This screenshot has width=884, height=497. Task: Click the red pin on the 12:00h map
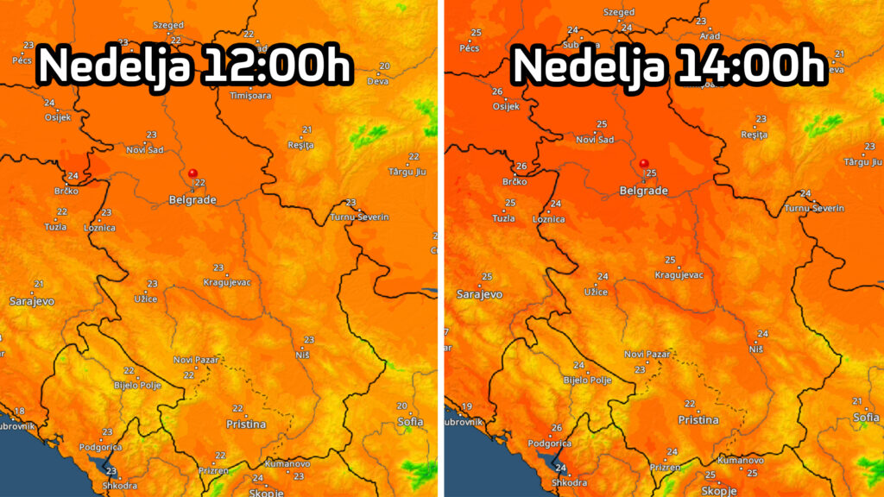coord(193,173)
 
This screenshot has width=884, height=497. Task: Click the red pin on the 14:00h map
coord(644,163)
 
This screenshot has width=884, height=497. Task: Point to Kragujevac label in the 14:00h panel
coord(679,274)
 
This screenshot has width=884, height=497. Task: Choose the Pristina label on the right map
coord(698,420)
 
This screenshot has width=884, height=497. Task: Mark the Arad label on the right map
coord(710,36)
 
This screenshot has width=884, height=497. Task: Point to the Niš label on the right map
coord(756,348)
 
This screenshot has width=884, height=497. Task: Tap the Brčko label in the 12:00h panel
coord(65,191)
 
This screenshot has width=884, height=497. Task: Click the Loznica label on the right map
coord(548,219)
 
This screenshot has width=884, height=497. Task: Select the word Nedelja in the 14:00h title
coord(585,66)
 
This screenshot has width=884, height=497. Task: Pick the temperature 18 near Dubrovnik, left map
coord(19,411)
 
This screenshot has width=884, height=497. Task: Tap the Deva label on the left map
coord(377,81)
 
